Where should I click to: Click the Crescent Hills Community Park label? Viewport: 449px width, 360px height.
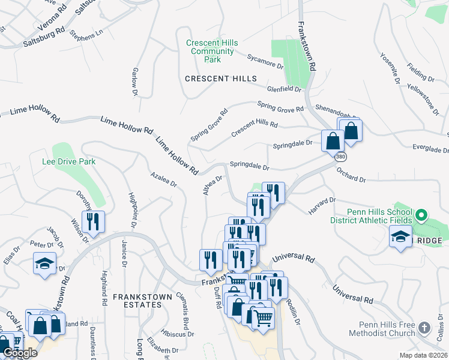212,51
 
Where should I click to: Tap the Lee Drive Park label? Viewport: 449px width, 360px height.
69,161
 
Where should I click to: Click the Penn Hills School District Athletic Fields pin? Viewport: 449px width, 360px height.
421,214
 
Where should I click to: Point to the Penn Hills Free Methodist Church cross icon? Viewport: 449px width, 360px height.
424,328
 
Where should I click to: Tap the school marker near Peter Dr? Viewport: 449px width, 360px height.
44,263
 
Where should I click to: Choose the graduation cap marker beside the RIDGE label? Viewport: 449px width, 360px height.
400,237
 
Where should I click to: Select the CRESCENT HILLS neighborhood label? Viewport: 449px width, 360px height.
220,79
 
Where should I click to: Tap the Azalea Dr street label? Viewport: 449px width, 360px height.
164,178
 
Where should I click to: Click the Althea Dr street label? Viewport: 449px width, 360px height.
213,184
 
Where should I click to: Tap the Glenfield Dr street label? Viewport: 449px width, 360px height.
284,89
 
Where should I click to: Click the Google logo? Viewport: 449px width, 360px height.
20,353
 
